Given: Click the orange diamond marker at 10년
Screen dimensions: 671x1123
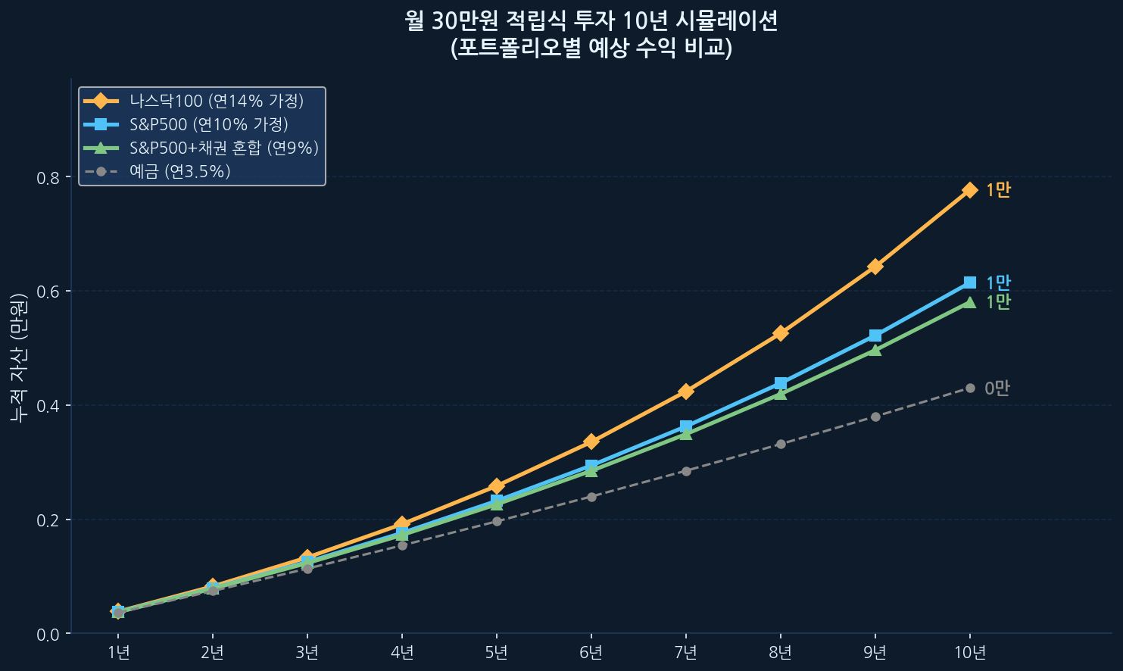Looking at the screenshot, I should tap(969, 189).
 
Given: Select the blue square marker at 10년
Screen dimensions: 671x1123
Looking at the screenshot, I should tap(969, 282).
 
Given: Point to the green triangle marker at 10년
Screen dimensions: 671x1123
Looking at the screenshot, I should tap(969, 302).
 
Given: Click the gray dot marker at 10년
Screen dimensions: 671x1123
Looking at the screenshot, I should tap(969, 389).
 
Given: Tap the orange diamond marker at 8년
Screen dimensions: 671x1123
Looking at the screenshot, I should tap(780, 333).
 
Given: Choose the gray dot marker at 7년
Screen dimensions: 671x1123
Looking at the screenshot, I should tap(685, 471).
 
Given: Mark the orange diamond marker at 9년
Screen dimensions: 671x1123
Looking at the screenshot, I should tap(875, 267).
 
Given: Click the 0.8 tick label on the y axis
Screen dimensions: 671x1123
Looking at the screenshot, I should tap(48, 178).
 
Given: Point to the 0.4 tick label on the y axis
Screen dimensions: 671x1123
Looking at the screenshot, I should tap(48, 407).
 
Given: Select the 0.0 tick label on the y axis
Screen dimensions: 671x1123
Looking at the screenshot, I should tap(48, 635).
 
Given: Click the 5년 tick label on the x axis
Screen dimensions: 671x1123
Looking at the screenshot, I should tap(496, 653).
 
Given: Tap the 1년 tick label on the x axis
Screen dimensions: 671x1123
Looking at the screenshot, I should tap(118, 653).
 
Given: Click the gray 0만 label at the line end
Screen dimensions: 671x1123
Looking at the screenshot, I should tap(997, 389).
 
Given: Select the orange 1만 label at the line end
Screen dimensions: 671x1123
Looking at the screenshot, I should tap(997, 190).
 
